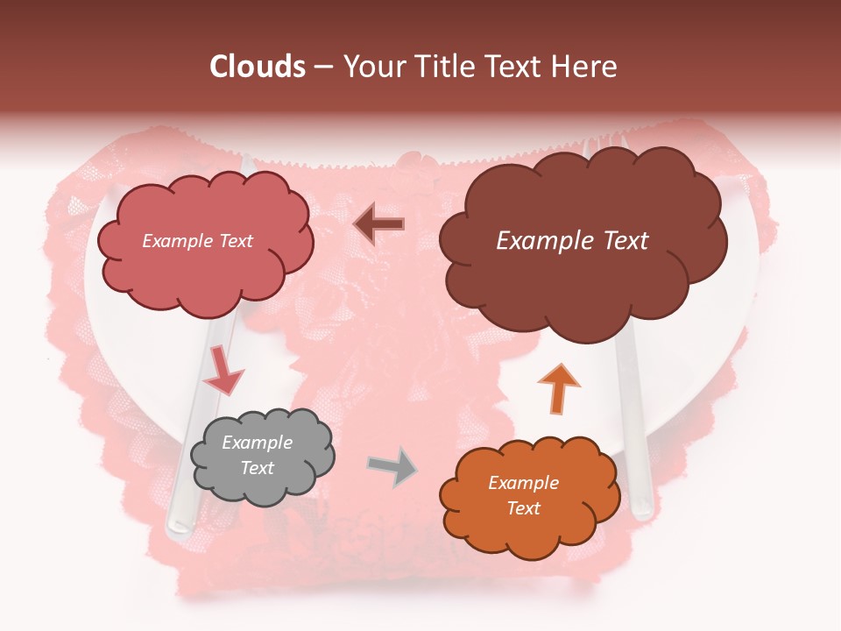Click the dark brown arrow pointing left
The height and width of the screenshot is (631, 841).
pyautogui.click(x=379, y=224)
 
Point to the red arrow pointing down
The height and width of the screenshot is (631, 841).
pyautogui.click(x=223, y=372)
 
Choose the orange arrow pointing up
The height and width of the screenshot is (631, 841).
pyautogui.click(x=558, y=389)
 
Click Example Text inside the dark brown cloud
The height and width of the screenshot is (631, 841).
pyautogui.click(x=572, y=241)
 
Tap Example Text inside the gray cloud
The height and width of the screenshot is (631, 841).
pyautogui.click(x=258, y=456)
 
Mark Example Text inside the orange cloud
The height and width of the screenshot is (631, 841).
pyautogui.click(x=524, y=495)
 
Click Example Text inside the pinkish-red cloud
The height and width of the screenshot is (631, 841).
pyautogui.click(x=197, y=241)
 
